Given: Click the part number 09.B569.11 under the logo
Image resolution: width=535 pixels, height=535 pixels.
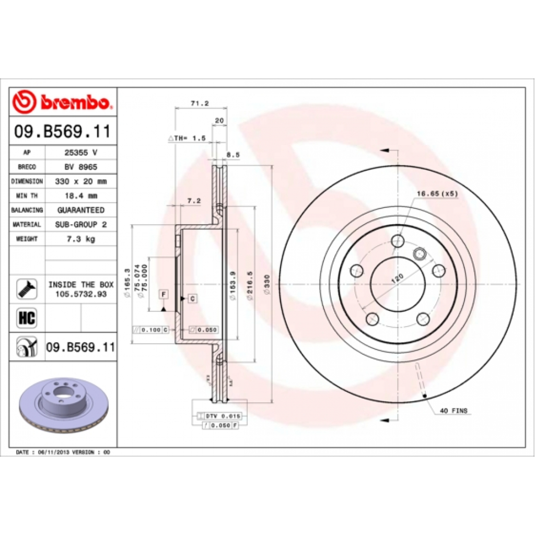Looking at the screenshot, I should (x=63, y=132).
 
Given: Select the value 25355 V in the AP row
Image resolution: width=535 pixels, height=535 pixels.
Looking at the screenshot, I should (x=80, y=152).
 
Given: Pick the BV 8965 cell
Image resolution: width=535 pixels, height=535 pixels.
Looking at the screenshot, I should (x=80, y=167).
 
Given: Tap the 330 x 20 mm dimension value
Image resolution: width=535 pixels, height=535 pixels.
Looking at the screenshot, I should (x=80, y=181).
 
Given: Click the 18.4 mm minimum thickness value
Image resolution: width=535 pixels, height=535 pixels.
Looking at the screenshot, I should (x=80, y=196).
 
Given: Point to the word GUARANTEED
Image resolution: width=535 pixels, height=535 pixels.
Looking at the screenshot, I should (x=80, y=210).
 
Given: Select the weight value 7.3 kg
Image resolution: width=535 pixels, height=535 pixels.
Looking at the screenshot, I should (x=80, y=239).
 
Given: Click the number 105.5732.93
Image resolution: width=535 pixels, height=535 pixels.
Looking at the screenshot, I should (x=80, y=295).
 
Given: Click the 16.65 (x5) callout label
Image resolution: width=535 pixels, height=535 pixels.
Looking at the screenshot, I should (x=437, y=194).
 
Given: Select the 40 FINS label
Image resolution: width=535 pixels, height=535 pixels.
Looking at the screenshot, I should (x=453, y=411).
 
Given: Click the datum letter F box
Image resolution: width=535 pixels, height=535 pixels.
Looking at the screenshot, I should (x=163, y=295).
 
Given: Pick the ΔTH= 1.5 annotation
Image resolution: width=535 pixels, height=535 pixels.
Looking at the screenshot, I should (x=187, y=138).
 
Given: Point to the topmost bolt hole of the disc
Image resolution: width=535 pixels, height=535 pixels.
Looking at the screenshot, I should (x=398, y=241).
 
